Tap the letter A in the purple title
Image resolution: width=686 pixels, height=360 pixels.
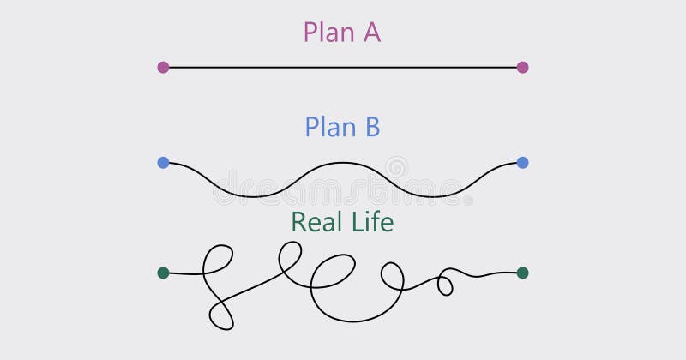point(371,33)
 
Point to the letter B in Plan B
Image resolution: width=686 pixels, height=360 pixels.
point(370,127)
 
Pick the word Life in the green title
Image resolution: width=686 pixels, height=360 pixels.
point(374,222)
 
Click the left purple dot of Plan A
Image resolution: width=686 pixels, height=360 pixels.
point(163,67)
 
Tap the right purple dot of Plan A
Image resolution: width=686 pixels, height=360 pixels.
point(522,67)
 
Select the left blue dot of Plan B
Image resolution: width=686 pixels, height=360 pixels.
point(163,162)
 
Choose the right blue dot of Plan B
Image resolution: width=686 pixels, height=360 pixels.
point(522,162)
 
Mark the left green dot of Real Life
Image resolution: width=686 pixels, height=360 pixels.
point(163,273)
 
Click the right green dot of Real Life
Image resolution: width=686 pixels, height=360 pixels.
point(522,273)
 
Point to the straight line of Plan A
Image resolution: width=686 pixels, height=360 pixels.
point(343,67)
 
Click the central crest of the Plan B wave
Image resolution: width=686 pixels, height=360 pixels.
point(343,163)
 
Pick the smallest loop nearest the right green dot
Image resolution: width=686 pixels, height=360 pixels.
point(445,282)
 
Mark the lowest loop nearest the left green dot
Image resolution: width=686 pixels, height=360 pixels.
point(221,313)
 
